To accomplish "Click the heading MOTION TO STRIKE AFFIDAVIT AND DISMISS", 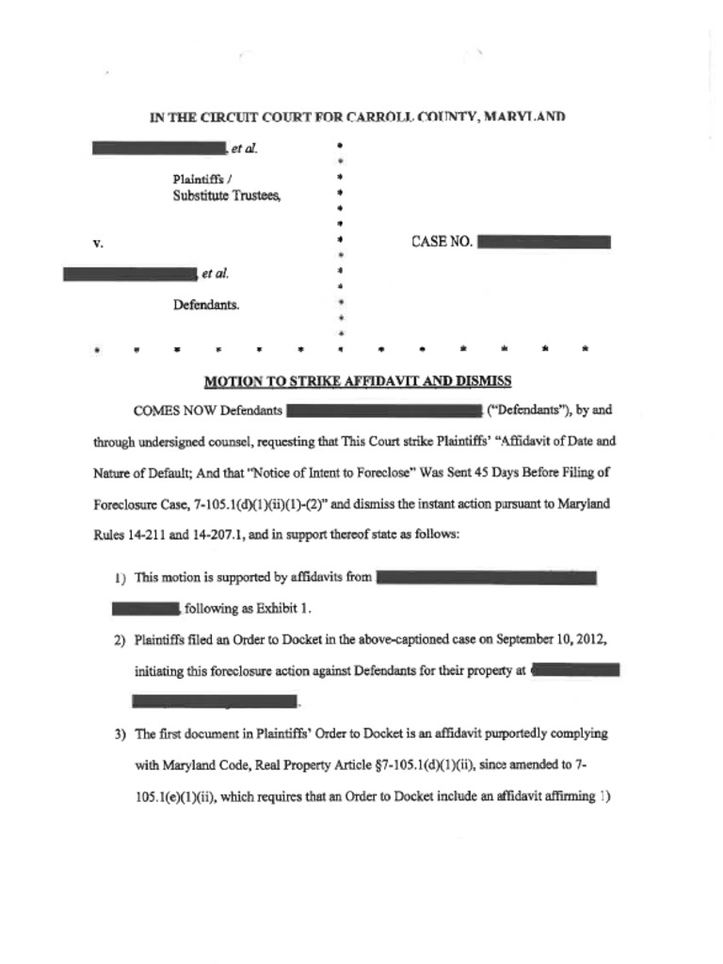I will pyautogui.click(x=358, y=381).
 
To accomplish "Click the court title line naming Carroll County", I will pyautogui.click(x=357, y=118).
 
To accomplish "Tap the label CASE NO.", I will pyautogui.click(x=442, y=242).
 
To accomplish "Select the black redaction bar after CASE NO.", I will pyautogui.click(x=544, y=242).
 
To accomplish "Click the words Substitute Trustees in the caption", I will pyautogui.click(x=226, y=195).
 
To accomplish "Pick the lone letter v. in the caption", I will pyautogui.click(x=98, y=244).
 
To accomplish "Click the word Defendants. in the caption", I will pyautogui.click(x=205, y=305).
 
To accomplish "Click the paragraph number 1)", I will pyautogui.click(x=120, y=578).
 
